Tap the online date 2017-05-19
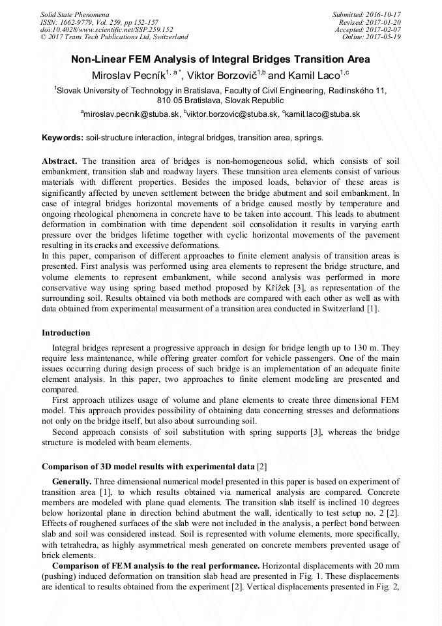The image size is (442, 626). pos(383,37)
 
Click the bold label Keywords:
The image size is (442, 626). pos(63,138)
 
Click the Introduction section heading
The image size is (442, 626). pos(66,333)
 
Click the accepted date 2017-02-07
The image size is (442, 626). pos(383,29)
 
